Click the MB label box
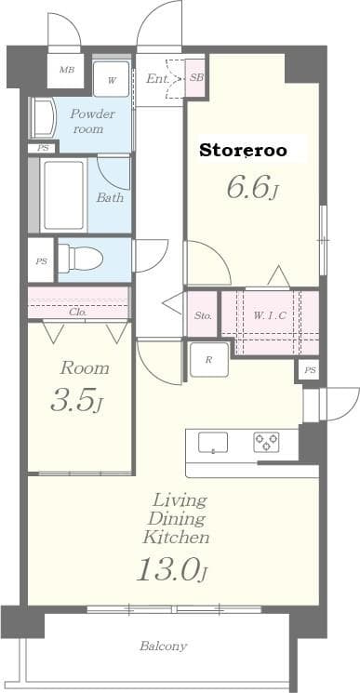[66, 71]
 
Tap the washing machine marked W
[112, 79]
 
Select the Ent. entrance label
[157, 79]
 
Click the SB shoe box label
[196, 78]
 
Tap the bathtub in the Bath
[63, 195]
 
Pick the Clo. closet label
[78, 313]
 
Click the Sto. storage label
[203, 316]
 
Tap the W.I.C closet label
[270, 315]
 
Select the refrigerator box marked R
[208, 359]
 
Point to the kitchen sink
[214, 443]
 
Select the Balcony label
[164, 646]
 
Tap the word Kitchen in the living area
[175, 537]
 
